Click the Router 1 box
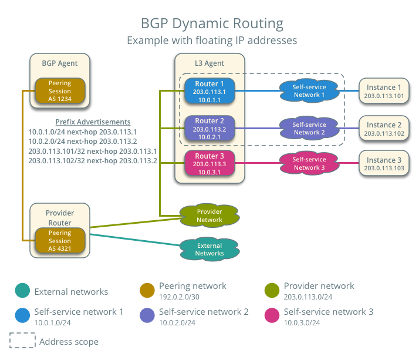tap(209, 91)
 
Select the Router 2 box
tap(209, 128)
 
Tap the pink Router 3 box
tap(209, 163)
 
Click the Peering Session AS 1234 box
tap(60, 91)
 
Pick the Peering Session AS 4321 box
tap(60, 240)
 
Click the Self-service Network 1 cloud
tap(309, 90)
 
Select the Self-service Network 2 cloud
tap(309, 128)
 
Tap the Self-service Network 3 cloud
tap(309, 163)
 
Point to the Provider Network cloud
tap(209, 216)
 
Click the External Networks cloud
tap(209, 250)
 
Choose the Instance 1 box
tap(384, 91)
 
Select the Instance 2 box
tap(384, 129)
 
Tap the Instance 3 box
tap(384, 163)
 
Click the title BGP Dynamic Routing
tap(212, 23)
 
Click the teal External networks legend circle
tap(22, 291)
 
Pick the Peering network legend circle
tap(147, 290)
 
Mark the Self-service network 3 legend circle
tap(272, 316)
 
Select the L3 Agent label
tap(209, 63)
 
